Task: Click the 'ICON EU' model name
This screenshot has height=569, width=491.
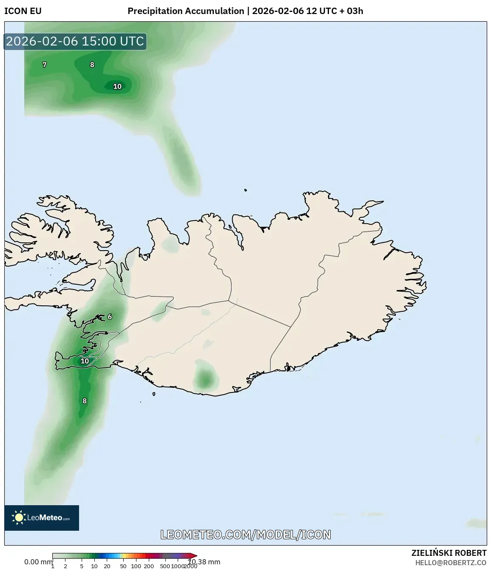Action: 23,11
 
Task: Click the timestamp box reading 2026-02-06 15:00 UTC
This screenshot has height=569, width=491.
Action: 75,42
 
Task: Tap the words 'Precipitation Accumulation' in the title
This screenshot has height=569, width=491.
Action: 186,11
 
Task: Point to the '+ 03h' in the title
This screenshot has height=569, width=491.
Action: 352,11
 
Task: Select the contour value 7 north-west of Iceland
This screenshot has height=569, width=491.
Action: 44,65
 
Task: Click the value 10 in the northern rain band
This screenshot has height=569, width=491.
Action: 117,86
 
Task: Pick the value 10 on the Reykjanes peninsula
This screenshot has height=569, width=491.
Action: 85,361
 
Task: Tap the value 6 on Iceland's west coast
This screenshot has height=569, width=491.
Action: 110,316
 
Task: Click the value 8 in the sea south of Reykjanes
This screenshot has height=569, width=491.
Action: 85,401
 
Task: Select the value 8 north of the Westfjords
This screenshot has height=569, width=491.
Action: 92,65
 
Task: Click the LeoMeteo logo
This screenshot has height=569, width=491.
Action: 42,518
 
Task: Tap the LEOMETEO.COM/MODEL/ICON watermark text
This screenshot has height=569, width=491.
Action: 246,535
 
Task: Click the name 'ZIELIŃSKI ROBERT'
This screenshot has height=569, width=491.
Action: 448,553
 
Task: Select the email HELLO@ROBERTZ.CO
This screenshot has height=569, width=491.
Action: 451,563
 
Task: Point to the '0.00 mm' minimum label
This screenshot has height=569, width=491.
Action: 38,562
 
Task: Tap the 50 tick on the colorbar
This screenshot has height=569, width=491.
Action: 123,566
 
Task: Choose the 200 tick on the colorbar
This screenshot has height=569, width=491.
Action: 149,566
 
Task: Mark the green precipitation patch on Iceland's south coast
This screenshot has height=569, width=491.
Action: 205,378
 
